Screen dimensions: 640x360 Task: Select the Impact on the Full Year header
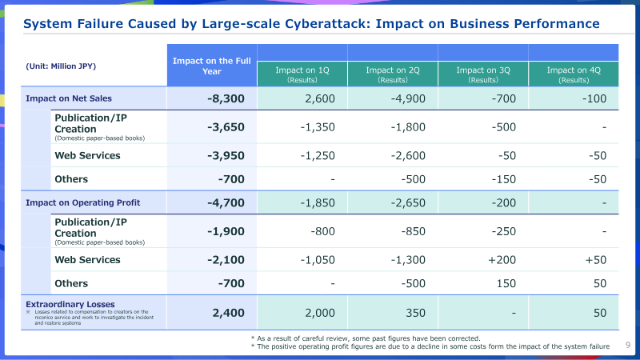click(x=212, y=66)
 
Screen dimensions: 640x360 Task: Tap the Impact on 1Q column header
click(x=302, y=74)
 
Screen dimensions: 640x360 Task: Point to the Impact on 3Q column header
click(x=483, y=74)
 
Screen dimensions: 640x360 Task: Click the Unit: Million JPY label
click(x=61, y=66)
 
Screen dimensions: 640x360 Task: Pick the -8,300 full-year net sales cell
click(x=226, y=98)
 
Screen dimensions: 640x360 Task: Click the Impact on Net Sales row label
click(x=69, y=98)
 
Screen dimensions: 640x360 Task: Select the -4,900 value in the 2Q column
click(x=408, y=98)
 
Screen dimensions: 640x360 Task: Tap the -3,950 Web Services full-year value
click(x=226, y=155)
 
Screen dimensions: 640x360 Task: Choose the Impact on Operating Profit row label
click(x=83, y=203)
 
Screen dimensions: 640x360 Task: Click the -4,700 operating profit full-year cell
click(x=226, y=203)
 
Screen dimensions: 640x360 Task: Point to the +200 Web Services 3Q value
click(x=502, y=260)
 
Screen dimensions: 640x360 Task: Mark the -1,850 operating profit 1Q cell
click(x=318, y=203)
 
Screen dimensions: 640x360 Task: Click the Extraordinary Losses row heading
click(x=70, y=305)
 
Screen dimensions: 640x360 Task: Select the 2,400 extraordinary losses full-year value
click(x=228, y=313)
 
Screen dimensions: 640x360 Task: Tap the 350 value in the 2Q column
click(x=415, y=313)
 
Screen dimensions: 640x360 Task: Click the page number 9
click(x=628, y=345)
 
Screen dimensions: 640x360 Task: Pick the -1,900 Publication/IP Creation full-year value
click(x=226, y=231)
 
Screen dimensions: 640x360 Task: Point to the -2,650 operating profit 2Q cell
click(x=408, y=203)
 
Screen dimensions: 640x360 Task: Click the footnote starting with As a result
click(x=366, y=338)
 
